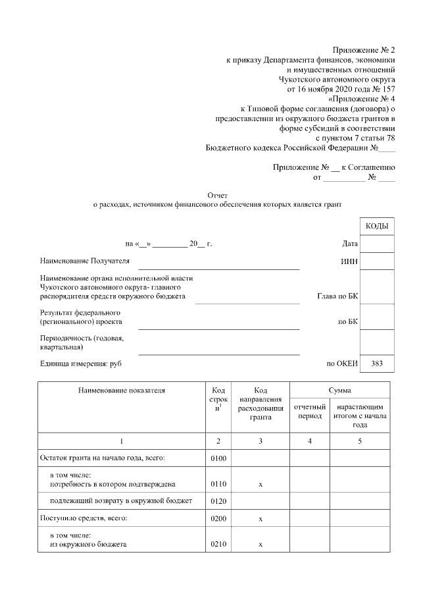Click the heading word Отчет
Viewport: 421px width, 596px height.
point(218,196)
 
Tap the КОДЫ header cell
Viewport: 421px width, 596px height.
point(377,227)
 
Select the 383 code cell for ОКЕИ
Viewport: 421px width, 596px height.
point(377,363)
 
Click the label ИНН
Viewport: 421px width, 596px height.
point(349,262)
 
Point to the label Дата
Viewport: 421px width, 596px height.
point(350,244)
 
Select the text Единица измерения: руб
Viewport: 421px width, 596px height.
point(81,363)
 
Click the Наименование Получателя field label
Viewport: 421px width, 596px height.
point(85,261)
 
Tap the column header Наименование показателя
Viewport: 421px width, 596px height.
point(121,391)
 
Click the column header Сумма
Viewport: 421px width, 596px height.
point(341,391)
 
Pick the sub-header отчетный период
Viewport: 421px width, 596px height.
point(309,412)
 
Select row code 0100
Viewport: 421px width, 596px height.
point(218,458)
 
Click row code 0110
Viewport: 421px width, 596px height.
point(218,484)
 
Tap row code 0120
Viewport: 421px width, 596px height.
point(218,501)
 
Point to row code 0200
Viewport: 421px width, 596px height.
point(218,519)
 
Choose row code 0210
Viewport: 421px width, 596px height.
point(218,545)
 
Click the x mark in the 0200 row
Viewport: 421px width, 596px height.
point(260,519)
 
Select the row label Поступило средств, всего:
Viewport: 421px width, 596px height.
point(84,519)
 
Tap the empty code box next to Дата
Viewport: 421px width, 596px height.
point(377,244)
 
